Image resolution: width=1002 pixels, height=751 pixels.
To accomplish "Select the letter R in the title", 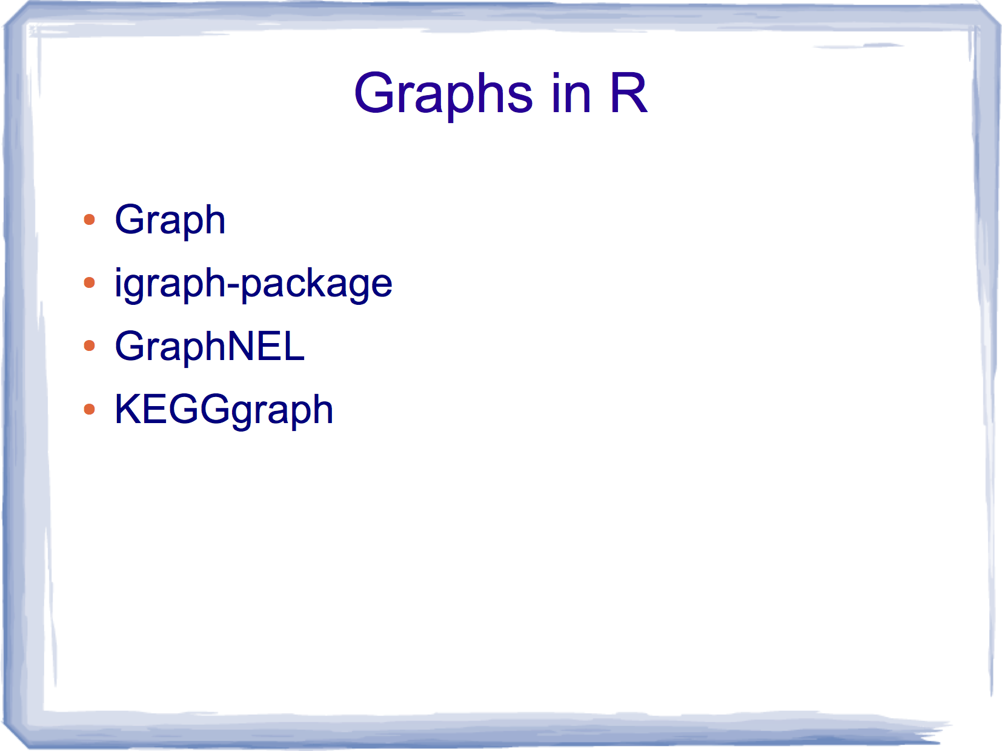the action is point(629,93).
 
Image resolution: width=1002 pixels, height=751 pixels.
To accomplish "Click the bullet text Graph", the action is point(170,221).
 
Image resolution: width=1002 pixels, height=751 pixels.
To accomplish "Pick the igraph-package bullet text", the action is point(253,284).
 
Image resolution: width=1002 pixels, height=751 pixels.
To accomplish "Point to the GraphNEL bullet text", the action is point(210,346).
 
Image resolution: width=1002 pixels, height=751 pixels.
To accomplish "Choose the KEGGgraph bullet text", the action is point(224,410).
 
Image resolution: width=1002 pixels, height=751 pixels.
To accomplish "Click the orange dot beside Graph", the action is point(90,219).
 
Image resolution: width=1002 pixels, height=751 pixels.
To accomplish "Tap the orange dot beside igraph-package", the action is point(90,282).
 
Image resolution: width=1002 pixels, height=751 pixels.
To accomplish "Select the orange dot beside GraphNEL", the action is point(90,345).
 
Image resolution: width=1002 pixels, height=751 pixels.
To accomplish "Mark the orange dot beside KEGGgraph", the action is point(90,409).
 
